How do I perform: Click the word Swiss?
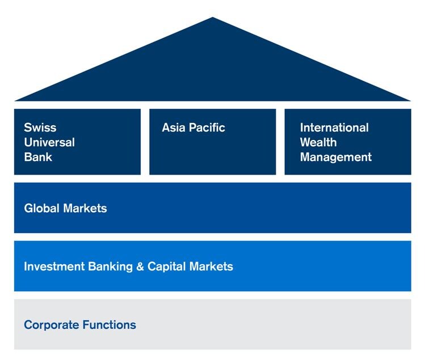point(40,128)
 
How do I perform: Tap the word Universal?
point(49,142)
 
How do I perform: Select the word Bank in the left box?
point(38,157)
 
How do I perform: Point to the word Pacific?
point(207,128)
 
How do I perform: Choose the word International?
point(334,128)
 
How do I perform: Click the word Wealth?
point(318,142)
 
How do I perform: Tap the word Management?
point(336,158)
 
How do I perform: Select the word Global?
point(42,208)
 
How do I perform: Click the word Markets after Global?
point(85,208)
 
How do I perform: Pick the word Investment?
point(54,266)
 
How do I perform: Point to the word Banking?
point(111,267)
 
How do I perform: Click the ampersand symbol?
point(140,266)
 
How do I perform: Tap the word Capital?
point(167,267)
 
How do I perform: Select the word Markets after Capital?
point(212,266)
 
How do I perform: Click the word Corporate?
point(52,325)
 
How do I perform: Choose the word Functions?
point(110,325)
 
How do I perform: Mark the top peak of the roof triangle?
point(212,18)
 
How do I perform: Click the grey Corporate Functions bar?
point(212,324)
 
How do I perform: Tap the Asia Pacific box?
point(212,142)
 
